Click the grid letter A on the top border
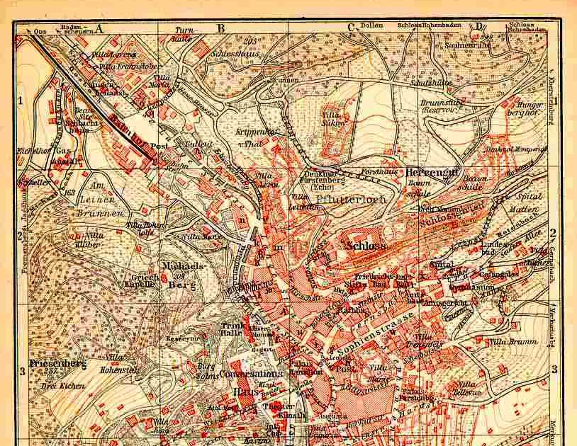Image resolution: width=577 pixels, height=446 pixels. [99, 28]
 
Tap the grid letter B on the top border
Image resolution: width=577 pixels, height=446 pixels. [220, 28]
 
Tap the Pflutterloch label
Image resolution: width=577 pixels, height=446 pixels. [340, 200]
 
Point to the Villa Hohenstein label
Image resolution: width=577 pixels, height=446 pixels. [123, 365]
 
